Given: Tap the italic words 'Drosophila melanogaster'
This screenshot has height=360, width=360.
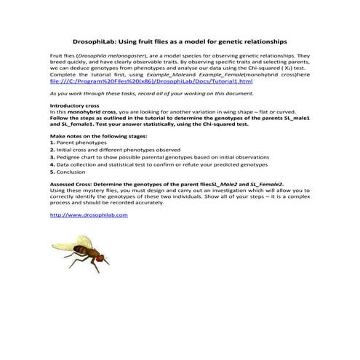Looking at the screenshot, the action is pyautogui.click(x=116, y=55).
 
